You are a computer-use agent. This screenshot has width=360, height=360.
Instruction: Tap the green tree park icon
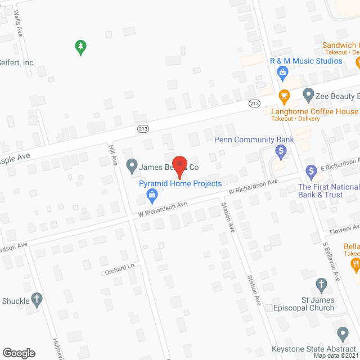pyautogui.click(x=81, y=47)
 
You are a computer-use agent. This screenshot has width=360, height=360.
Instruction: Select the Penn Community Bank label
pyautogui.click(x=254, y=139)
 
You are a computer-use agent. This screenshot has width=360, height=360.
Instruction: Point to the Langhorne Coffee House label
pyautogui.click(x=314, y=111)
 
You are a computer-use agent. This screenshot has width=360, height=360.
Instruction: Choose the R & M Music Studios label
pyautogui.click(x=306, y=61)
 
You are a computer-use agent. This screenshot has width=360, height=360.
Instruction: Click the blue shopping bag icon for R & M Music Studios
pyautogui.click(x=283, y=71)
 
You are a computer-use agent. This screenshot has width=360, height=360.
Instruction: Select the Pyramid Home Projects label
pyautogui.click(x=181, y=183)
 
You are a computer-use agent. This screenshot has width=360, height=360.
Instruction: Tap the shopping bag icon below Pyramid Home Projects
pyautogui.click(x=151, y=196)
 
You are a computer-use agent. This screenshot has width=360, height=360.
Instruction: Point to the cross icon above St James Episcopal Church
pyautogui.click(x=321, y=285)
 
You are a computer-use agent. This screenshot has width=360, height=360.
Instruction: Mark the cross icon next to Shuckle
pyautogui.click(x=37, y=300)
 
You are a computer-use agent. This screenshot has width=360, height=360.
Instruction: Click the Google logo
pyautogui.click(x=19, y=353)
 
